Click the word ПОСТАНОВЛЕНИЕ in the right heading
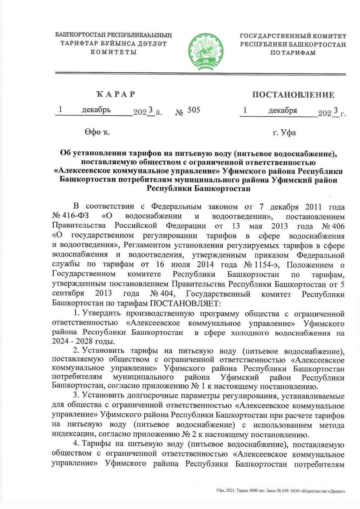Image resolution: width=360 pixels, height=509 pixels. coord(293,95)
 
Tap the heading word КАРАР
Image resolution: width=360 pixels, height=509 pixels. coord(115,94)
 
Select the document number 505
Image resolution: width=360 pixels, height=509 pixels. coord(193,110)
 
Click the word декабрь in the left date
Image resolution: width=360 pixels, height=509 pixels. coord(96,110)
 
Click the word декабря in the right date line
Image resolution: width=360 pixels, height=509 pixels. coord(283,110)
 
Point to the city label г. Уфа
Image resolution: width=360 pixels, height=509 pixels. coord(284,132)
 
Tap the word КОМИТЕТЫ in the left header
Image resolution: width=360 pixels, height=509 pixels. coord(114,52)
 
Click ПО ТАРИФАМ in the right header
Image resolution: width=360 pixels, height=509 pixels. coord(293,53)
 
